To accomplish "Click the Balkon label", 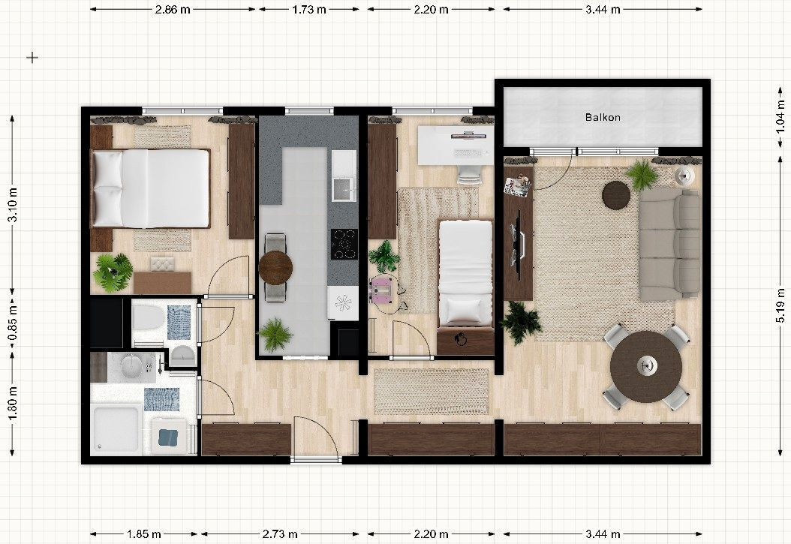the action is point(603,118).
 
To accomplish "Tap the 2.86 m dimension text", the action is point(173,10).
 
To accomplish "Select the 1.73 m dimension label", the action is point(308,10).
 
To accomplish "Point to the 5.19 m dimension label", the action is point(780,305).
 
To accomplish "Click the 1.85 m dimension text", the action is point(144,534).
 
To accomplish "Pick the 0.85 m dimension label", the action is point(14,323).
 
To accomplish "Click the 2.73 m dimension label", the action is point(280,534).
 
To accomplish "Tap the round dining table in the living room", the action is point(646,366).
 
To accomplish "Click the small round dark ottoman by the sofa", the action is point(616,194).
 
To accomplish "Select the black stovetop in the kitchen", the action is point(344,244).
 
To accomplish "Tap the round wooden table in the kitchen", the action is point(275,268).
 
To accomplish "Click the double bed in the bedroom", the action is point(150,188).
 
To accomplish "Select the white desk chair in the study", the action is point(468,174).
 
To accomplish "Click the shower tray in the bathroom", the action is point(116,430).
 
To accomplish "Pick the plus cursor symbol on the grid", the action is point(32,58).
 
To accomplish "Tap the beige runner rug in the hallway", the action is point(432,391).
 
